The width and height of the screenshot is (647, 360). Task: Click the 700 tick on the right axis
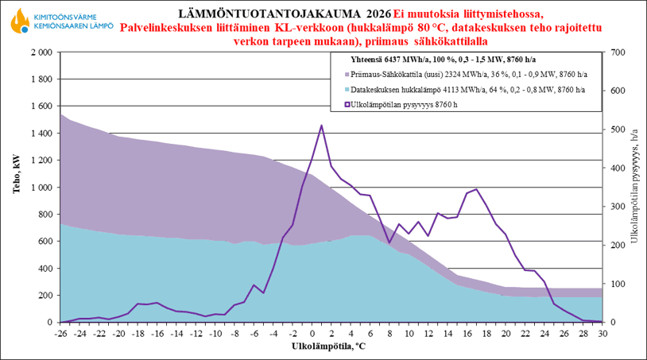pos(617,52)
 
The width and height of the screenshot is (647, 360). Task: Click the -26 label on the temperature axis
pos(60,335)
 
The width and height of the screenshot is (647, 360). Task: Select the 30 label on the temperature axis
pos(602,335)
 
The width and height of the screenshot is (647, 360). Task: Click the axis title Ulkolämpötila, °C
pos(328,346)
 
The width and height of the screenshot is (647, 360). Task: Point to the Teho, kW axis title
pos(14,188)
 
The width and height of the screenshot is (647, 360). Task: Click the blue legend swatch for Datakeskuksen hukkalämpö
pos(347,90)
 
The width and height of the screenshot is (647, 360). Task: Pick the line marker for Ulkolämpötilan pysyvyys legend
pos(347,104)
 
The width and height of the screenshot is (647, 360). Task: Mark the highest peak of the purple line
pos(321,126)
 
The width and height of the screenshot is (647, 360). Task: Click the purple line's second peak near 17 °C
pos(476,189)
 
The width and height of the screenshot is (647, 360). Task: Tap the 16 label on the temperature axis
pos(467,335)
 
